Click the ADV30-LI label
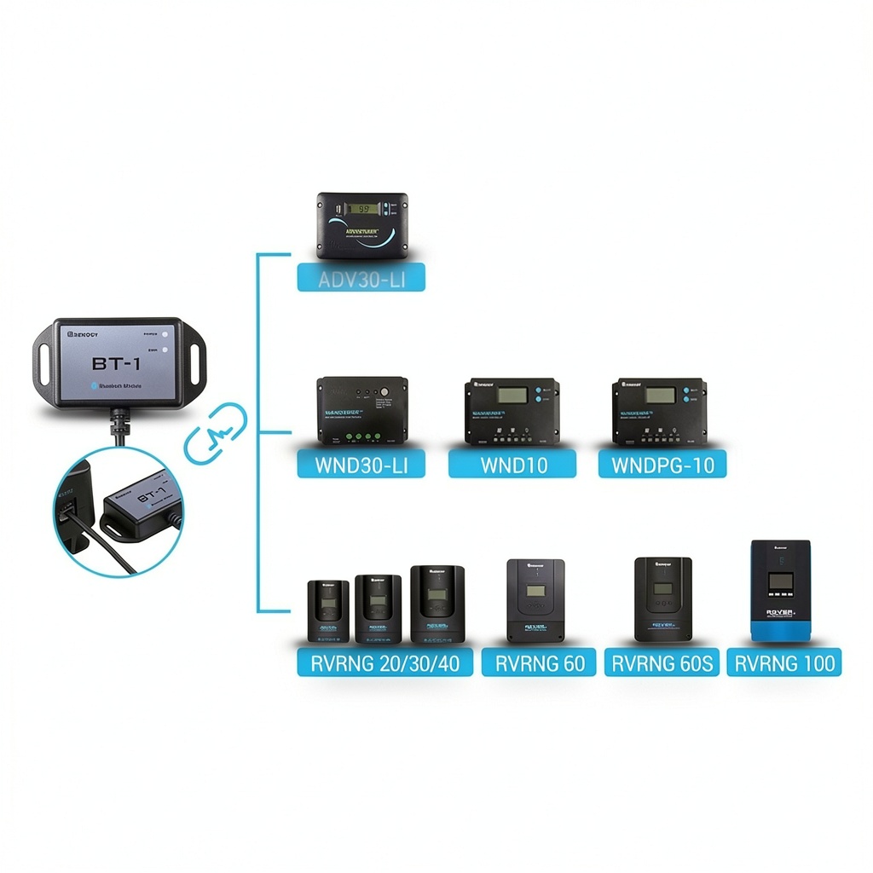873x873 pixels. [x=361, y=277]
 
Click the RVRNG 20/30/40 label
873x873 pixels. [x=384, y=662]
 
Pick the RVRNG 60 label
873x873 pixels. [x=539, y=662]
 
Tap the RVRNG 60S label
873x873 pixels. [x=662, y=662]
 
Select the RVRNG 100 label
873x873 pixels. [x=784, y=662]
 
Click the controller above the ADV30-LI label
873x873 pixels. [x=362, y=225]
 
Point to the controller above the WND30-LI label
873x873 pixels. [x=362, y=410]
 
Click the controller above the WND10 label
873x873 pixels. [x=512, y=411]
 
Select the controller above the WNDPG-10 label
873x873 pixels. [x=660, y=411]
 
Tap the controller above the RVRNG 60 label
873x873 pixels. [x=535, y=600]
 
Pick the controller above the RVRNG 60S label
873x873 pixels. [x=663, y=598]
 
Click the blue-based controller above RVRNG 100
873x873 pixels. [x=780, y=590]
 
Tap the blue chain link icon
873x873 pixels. [x=216, y=433]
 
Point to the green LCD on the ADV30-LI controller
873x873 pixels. [x=367, y=207]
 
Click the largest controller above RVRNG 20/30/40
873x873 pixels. [x=437, y=604]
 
